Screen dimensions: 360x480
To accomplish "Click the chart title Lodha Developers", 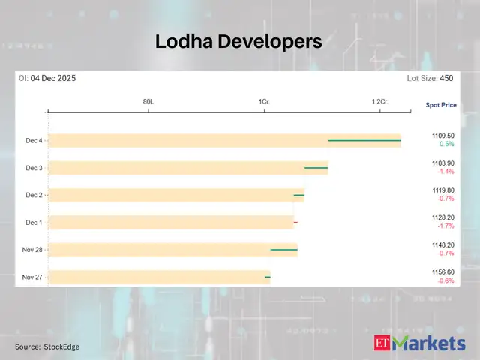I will click(x=238, y=43).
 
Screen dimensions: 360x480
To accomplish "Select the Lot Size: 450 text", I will click(x=430, y=78).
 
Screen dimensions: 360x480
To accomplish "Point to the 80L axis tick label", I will click(x=148, y=101).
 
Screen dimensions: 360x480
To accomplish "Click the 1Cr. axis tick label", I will click(x=264, y=101).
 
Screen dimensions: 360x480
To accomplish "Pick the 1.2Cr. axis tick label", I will click(x=379, y=101).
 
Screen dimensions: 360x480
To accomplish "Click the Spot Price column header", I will click(x=440, y=106).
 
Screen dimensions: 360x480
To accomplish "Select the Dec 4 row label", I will click(x=34, y=141).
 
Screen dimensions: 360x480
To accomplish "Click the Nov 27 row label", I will click(x=32, y=277).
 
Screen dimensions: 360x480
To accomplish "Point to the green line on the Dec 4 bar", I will click(x=364, y=140).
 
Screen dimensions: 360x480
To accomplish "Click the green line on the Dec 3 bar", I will click(x=316, y=168).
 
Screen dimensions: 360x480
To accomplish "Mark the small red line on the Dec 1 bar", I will click(x=295, y=223).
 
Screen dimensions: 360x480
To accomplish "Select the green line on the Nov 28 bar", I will click(x=283, y=250).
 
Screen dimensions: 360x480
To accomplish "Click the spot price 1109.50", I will click(x=442, y=136).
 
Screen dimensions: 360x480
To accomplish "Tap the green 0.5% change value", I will click(x=446, y=144).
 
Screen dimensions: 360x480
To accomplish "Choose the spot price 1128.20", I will click(x=442, y=217).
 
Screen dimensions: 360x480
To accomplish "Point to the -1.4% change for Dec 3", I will click(x=445, y=172).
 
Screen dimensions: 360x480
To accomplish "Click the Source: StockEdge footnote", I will click(x=46, y=346).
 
